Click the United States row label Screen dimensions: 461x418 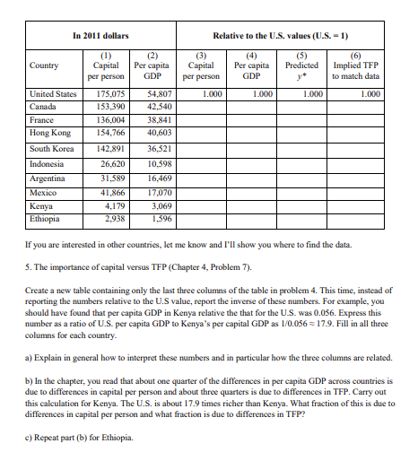[x=53, y=93]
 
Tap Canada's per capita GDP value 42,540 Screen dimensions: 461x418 [x=156, y=106]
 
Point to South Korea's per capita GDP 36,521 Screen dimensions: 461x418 [x=156, y=148]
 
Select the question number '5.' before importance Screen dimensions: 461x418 [x=30, y=267]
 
